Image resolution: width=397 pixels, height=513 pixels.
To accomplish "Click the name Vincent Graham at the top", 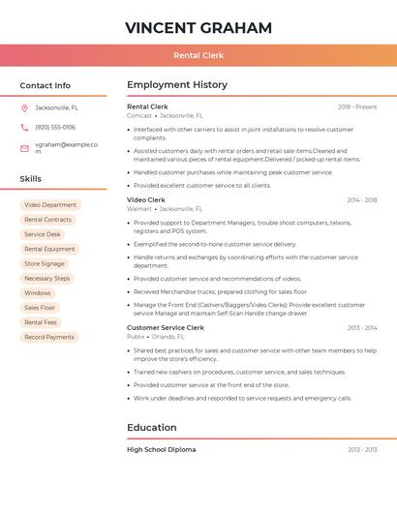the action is point(198,27).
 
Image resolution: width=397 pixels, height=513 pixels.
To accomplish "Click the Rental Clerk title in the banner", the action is point(198,55).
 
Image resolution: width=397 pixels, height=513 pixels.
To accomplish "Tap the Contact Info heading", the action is point(45,85).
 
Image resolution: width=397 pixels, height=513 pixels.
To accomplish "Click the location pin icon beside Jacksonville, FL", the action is point(24,107).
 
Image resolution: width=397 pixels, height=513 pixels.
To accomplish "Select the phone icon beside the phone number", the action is point(24,127).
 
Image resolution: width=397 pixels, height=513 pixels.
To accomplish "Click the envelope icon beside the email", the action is point(24,147).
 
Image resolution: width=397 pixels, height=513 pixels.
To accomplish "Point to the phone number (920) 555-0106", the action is point(55,127).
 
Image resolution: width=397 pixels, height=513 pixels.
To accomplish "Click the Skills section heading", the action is point(31,179).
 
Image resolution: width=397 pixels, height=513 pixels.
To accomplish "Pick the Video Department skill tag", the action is point(50,205).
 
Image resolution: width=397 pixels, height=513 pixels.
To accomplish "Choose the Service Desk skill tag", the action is point(43,234).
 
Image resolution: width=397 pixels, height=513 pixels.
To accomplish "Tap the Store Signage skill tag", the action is point(45,263).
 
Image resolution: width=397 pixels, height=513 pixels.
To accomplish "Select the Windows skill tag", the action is point(38,293).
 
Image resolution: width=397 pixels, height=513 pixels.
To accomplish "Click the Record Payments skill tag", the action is point(49,337).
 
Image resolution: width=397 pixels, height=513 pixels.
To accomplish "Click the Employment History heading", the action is point(177,85).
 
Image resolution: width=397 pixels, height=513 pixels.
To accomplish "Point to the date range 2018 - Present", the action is point(357,106).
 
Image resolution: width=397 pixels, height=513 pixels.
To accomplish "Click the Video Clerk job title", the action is point(145,199).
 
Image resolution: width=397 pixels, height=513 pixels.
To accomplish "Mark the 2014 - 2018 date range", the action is point(362,200).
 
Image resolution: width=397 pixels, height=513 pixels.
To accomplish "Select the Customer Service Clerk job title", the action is point(166,327).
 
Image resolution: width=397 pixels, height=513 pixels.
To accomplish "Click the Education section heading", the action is point(152,427).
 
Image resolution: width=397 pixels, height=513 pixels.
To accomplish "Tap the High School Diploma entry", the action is point(161,449).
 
